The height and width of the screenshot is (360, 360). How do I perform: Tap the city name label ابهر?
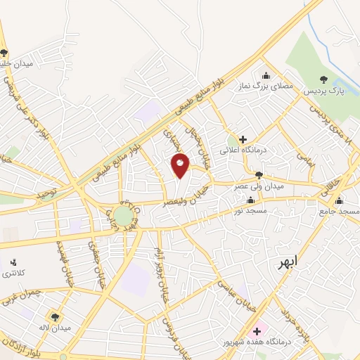point(287,262)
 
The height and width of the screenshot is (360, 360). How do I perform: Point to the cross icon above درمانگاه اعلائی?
point(243,139)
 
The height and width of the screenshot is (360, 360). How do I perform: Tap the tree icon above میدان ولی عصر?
point(259,174)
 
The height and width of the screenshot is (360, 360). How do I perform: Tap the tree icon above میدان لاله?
point(54,316)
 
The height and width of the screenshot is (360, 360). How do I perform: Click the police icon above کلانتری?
point(13,262)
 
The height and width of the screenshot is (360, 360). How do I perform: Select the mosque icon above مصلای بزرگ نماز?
point(266,76)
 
